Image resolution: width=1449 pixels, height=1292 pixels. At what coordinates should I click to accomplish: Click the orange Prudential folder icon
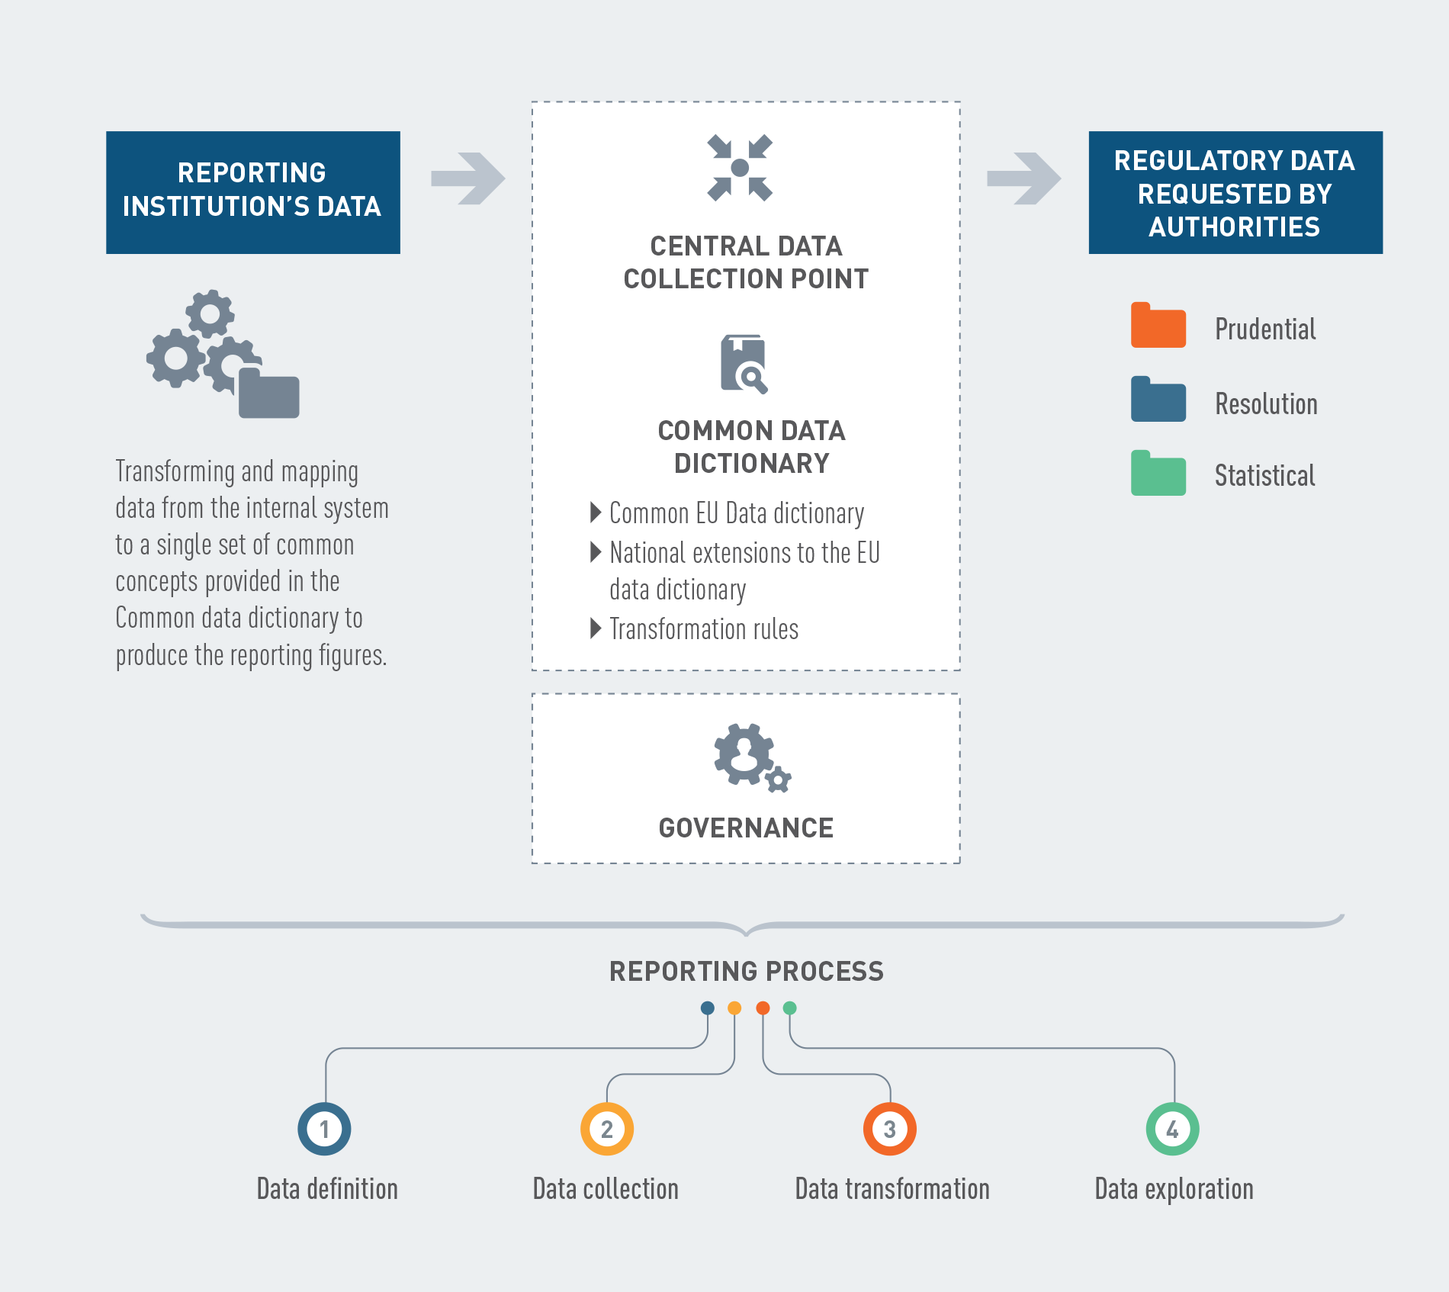point(1158,325)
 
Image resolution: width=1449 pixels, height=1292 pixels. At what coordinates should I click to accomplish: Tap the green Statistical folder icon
point(1158,473)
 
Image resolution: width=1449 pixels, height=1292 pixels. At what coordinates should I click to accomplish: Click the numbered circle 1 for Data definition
point(324,1129)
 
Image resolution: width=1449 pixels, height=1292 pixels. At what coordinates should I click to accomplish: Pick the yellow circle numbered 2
point(607,1129)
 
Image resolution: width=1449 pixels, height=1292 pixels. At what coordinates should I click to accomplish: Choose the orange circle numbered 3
point(890,1129)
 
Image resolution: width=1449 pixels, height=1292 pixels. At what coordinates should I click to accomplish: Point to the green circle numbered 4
point(1173,1129)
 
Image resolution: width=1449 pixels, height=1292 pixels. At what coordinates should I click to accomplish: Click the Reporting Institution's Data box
point(253,192)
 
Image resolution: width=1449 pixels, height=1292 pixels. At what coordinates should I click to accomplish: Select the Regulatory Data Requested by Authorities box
point(1235,192)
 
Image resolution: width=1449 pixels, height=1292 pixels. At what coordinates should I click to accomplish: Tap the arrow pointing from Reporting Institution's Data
point(468,178)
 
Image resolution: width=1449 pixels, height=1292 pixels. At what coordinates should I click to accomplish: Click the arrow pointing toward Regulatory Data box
point(1024,178)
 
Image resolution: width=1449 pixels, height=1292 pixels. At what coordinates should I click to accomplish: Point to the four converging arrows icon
point(740,168)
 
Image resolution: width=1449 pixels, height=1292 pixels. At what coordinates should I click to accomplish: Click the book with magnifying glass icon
point(744,364)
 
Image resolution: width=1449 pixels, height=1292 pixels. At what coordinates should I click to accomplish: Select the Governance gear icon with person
point(752,757)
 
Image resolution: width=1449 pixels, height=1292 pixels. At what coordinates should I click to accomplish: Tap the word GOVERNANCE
point(746,828)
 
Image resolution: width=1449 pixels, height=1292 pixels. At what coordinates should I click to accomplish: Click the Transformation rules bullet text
point(704,629)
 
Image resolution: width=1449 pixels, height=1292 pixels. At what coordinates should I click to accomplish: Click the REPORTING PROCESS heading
point(747,971)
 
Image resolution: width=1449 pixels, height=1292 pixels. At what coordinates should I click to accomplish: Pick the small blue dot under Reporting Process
point(708,1008)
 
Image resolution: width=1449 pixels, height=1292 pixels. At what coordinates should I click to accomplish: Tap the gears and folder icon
point(223,354)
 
